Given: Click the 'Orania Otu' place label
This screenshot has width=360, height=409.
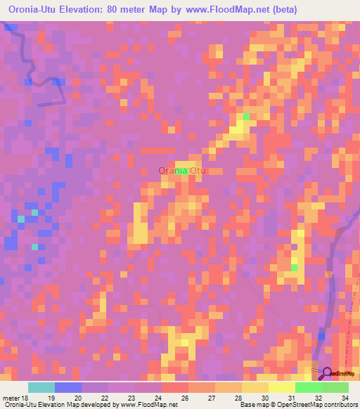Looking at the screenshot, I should pos(179,170).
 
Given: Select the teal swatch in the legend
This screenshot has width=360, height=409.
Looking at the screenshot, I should pos(41,387).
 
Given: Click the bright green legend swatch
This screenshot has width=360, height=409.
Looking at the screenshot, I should pos(309,387).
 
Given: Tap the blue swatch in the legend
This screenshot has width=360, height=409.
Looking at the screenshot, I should pos(68,387).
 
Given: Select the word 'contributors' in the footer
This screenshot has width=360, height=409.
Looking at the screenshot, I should pos(337,404).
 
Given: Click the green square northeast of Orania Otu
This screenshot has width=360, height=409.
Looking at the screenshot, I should pos(246,117).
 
